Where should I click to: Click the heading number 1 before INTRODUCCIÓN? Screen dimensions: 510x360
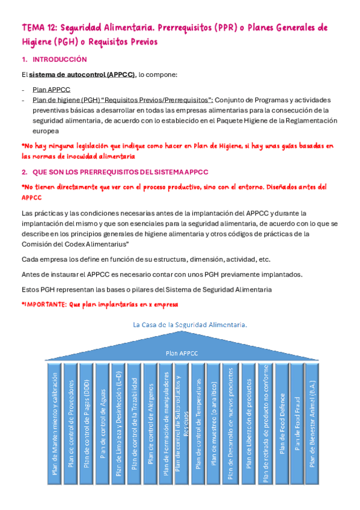[x=23, y=60]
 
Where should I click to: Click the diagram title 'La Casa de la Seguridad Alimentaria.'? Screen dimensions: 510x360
[x=189, y=325]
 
